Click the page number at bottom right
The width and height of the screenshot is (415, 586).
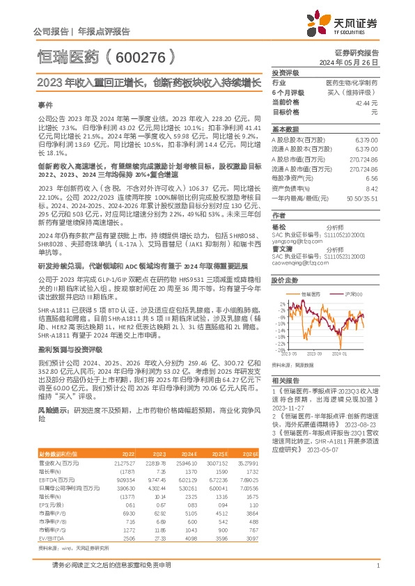(x=377, y=564)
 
